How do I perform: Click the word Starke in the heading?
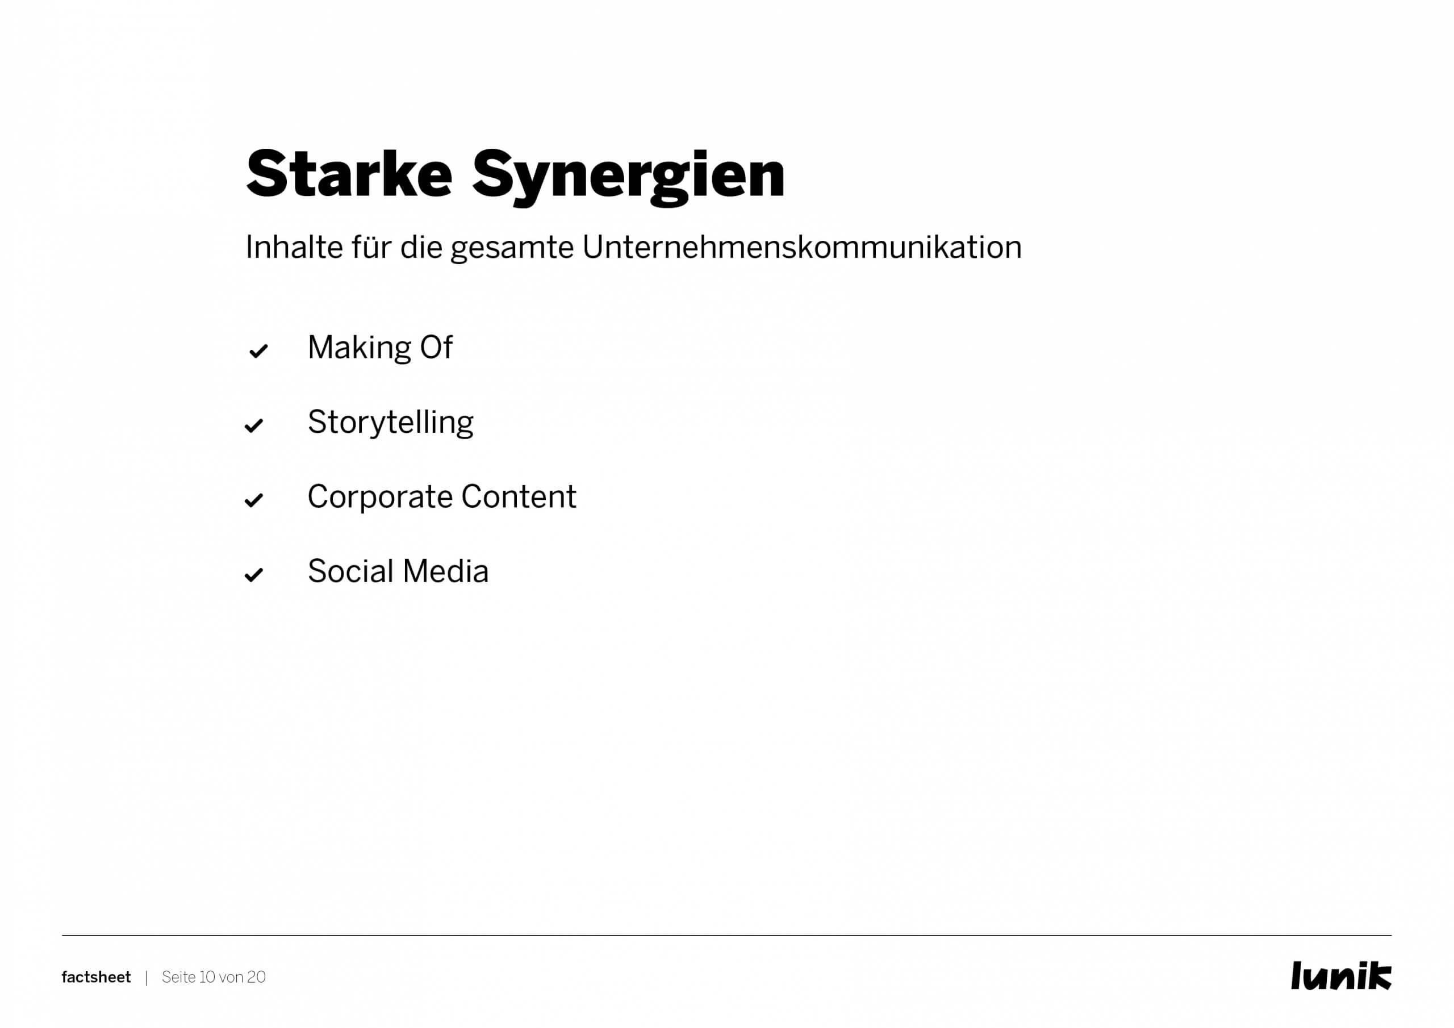coord(349,174)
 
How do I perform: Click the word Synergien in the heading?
coord(628,177)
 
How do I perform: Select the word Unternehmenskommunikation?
coord(802,247)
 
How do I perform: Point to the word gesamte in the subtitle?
coord(512,249)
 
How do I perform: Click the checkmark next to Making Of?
coord(258,351)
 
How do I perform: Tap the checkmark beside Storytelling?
coord(254,425)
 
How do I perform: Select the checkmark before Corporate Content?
coord(254,500)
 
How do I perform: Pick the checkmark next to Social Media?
coord(254,575)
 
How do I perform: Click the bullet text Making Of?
coord(380,348)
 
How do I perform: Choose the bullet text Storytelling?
coord(391,423)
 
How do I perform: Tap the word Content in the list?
coord(519,496)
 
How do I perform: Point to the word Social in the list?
coord(351,571)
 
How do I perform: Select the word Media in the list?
coord(446,571)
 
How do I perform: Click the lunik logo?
coord(1342,975)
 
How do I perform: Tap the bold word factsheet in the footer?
coord(96,977)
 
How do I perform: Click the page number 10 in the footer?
coord(207,977)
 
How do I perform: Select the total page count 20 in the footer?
coord(257,977)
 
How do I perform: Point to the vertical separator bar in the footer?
coord(147,978)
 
